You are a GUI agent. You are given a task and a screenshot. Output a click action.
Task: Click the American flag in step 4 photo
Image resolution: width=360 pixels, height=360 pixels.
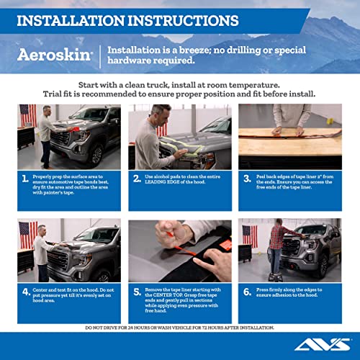tap(27, 233)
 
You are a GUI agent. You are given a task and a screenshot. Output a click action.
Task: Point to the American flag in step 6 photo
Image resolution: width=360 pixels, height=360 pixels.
tap(249, 235)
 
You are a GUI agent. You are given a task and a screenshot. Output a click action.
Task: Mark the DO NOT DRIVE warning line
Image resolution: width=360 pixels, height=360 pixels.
tap(179, 327)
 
